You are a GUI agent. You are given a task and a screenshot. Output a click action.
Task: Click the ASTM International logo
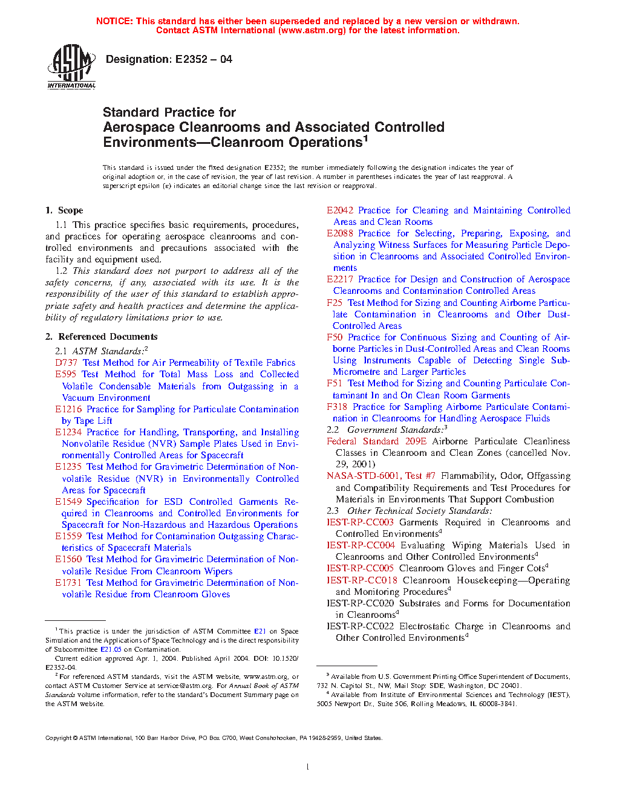click(71, 66)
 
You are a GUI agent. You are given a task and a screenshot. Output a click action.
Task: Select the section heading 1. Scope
click(64, 210)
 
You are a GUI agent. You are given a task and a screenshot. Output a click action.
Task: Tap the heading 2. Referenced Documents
click(101, 337)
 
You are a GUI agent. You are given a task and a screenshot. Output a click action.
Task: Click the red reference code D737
click(66, 363)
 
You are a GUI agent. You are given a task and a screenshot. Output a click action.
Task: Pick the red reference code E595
click(65, 374)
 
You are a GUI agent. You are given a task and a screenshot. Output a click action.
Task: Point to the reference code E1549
click(68, 502)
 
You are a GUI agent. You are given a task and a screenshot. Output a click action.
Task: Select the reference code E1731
click(68, 583)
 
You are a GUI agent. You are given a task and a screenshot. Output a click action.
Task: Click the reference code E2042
click(339, 210)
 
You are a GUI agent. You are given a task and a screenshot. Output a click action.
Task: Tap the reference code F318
click(337, 407)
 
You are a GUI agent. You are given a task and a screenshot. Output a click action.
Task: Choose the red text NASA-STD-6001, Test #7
click(380, 476)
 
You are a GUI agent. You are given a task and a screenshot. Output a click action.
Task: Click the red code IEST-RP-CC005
click(360, 568)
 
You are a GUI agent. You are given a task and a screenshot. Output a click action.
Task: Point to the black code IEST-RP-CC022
click(360, 626)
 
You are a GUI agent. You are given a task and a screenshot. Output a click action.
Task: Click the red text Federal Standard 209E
click(376, 441)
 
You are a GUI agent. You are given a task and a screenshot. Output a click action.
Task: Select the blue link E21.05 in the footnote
click(111, 649)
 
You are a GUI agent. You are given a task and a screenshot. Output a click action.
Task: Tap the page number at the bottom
click(308, 767)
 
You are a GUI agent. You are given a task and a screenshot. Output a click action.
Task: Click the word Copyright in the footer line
click(58, 738)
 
